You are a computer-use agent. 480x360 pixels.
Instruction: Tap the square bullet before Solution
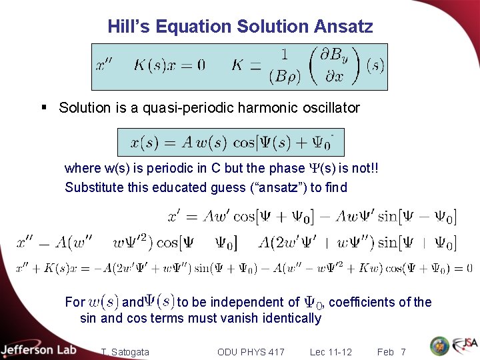43,107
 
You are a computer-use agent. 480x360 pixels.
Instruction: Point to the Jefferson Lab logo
38,349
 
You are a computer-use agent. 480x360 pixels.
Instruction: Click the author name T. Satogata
125,352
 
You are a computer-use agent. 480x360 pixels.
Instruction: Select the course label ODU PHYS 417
251,352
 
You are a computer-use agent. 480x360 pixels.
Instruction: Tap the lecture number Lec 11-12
331,352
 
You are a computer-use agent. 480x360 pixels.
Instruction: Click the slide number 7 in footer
403,352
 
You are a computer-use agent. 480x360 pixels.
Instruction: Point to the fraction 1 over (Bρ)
284,65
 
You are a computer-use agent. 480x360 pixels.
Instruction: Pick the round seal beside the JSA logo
439,346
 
